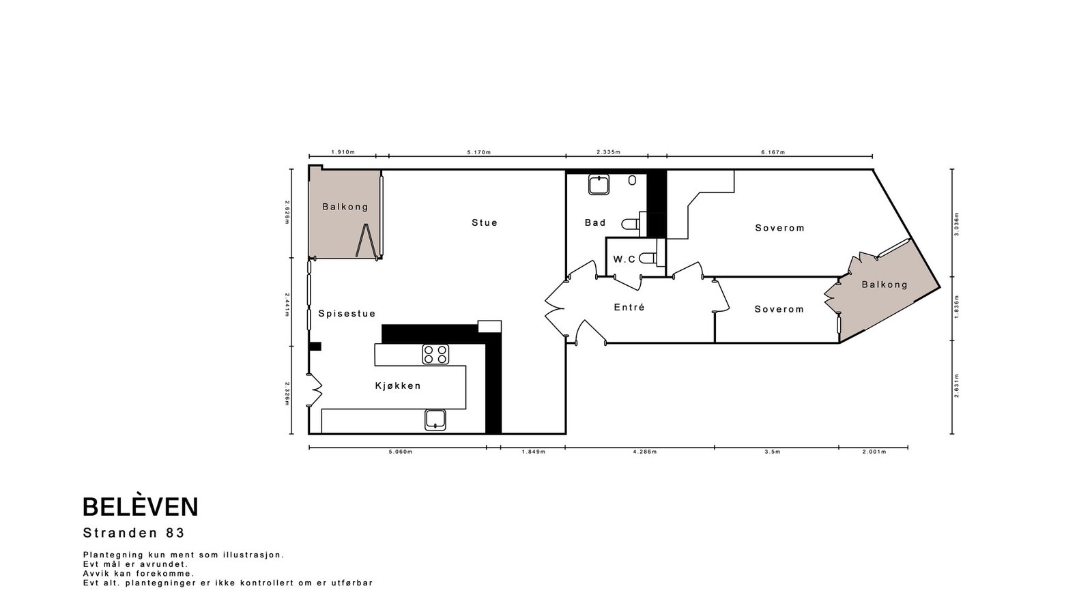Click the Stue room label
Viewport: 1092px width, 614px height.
[485, 222]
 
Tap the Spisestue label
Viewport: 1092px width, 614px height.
[347, 313]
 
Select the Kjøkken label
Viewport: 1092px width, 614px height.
[398, 386]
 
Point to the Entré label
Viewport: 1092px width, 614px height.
[629, 307]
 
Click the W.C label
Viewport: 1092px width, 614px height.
[624, 259]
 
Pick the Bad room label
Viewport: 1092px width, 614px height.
[595, 222]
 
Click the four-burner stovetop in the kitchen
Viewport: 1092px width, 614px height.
[435, 354]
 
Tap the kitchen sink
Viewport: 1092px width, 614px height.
[435, 420]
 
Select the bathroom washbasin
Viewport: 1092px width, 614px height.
[599, 185]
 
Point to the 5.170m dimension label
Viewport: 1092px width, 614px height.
[478, 152]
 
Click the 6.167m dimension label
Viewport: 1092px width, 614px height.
[773, 152]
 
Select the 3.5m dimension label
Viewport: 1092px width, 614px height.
[772, 452]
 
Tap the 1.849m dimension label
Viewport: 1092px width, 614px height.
[533, 452]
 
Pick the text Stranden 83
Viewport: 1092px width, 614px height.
[134, 533]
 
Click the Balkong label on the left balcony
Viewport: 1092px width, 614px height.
[345, 207]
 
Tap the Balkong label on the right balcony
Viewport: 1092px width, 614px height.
[885, 284]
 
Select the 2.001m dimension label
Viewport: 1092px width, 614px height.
[874, 452]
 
